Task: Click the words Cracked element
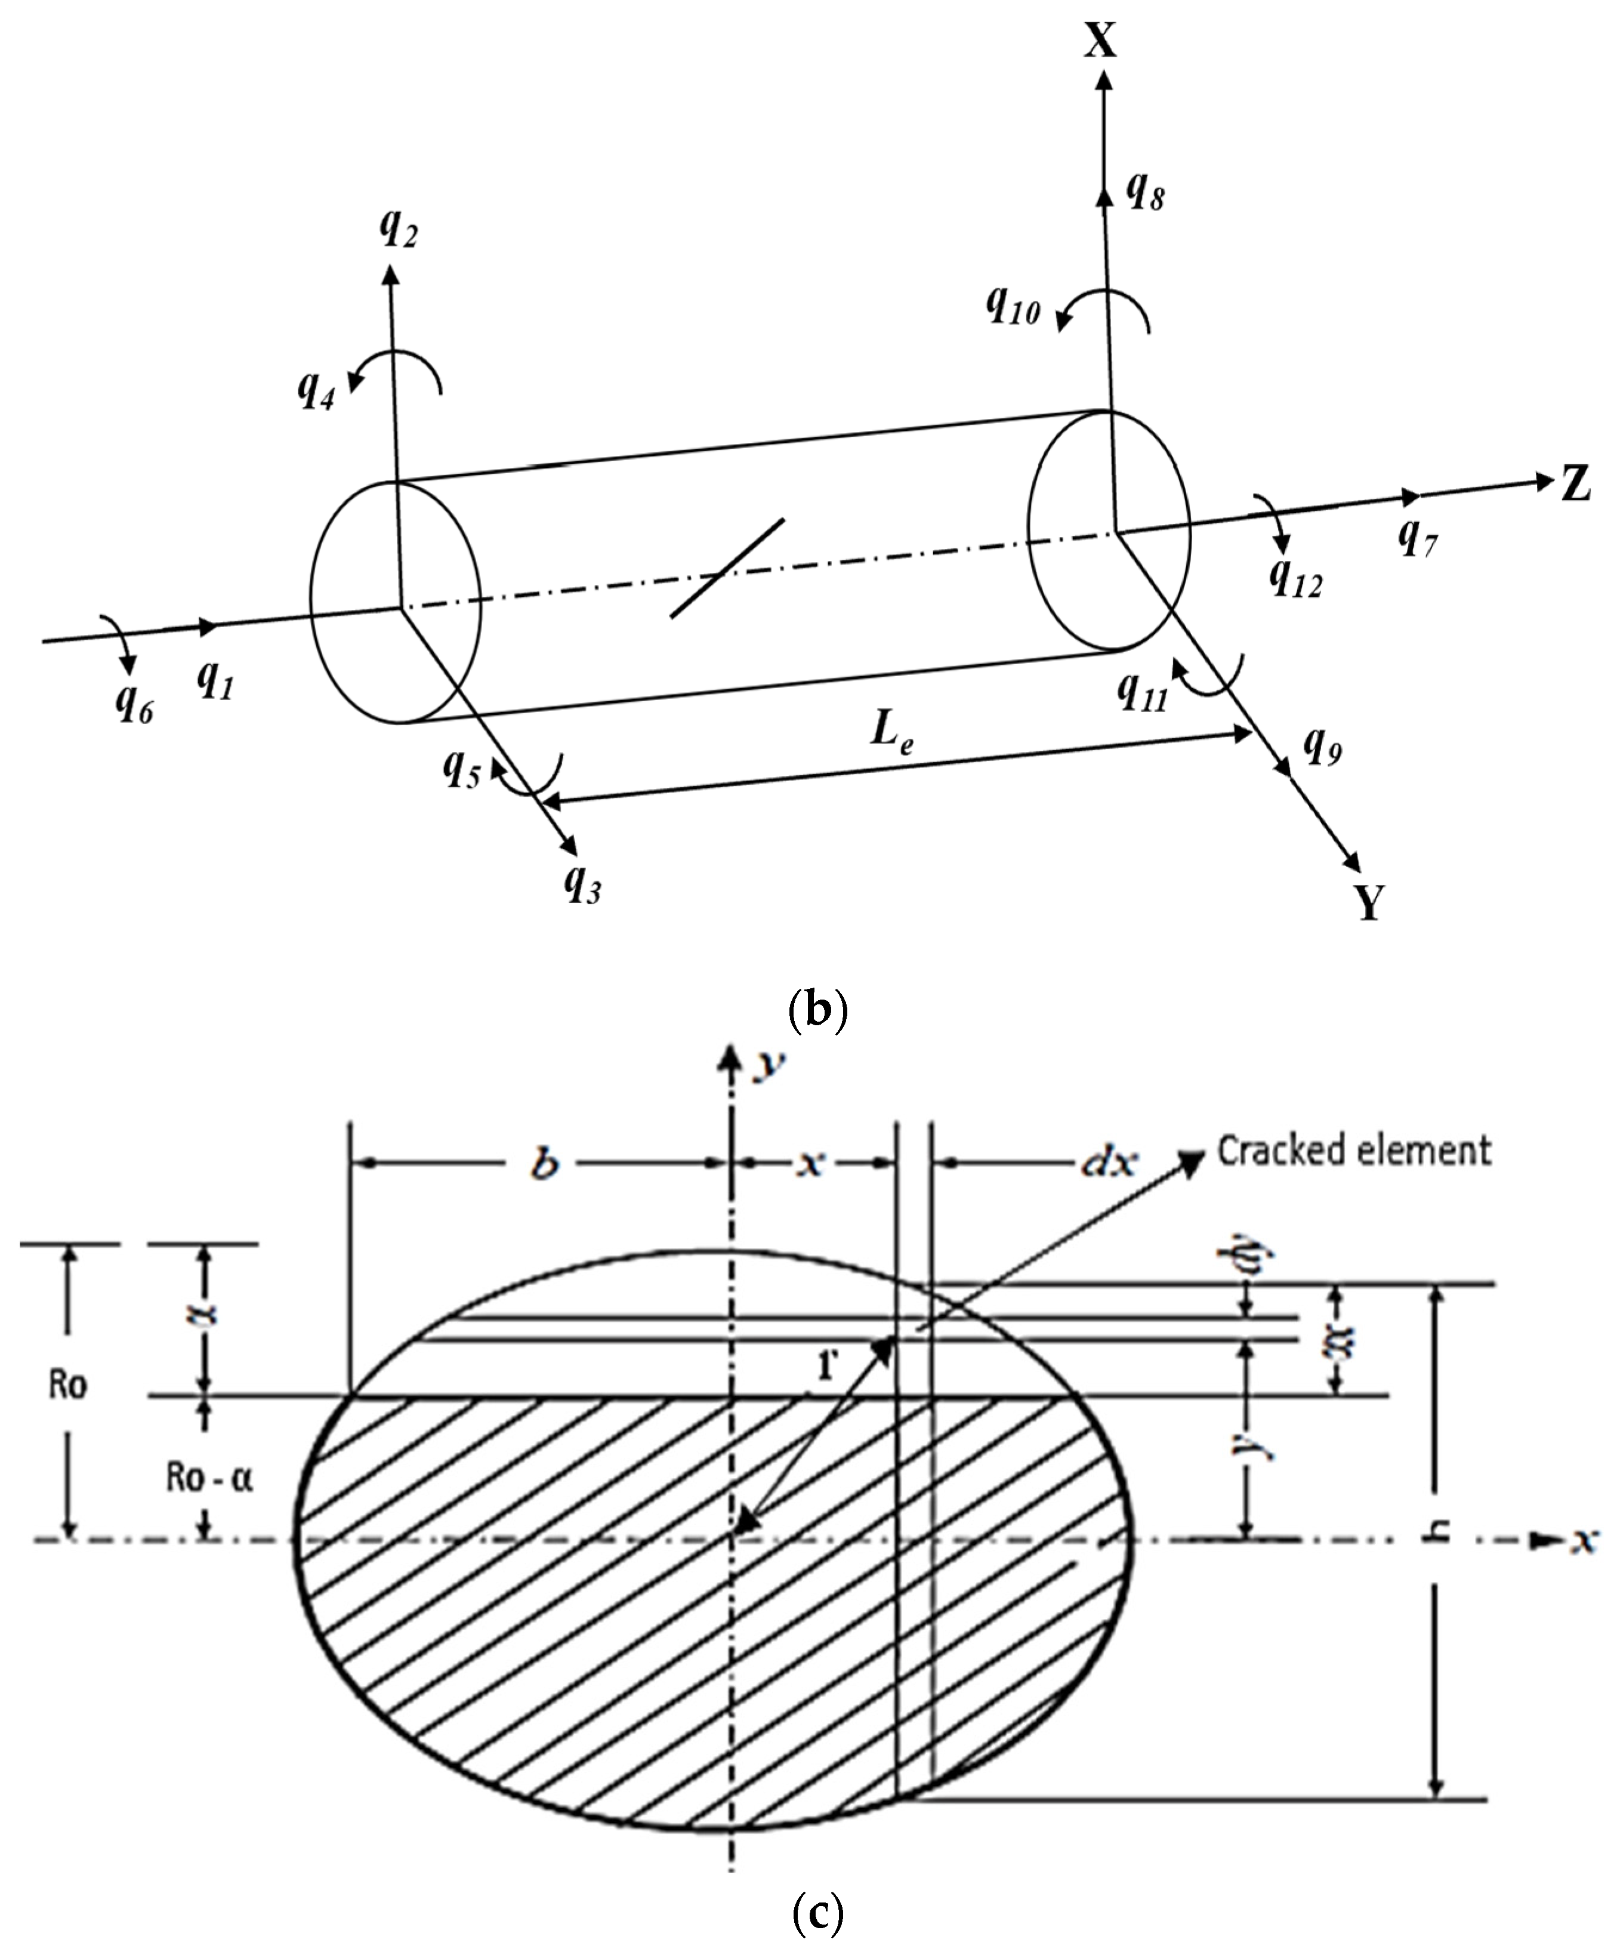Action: click(x=1353, y=1152)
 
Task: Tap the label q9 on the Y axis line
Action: click(x=1322, y=742)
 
